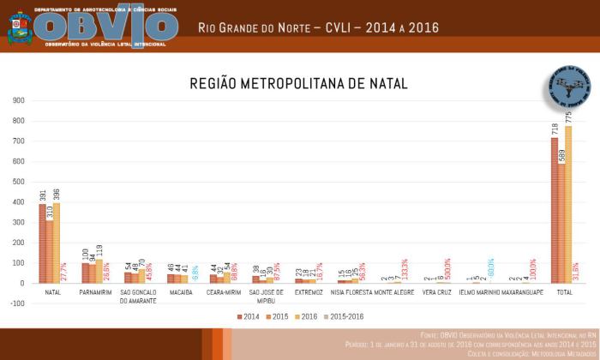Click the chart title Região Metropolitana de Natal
298,84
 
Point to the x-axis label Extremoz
308,293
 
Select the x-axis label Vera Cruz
436,293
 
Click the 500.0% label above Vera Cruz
447,269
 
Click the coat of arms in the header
19,27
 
